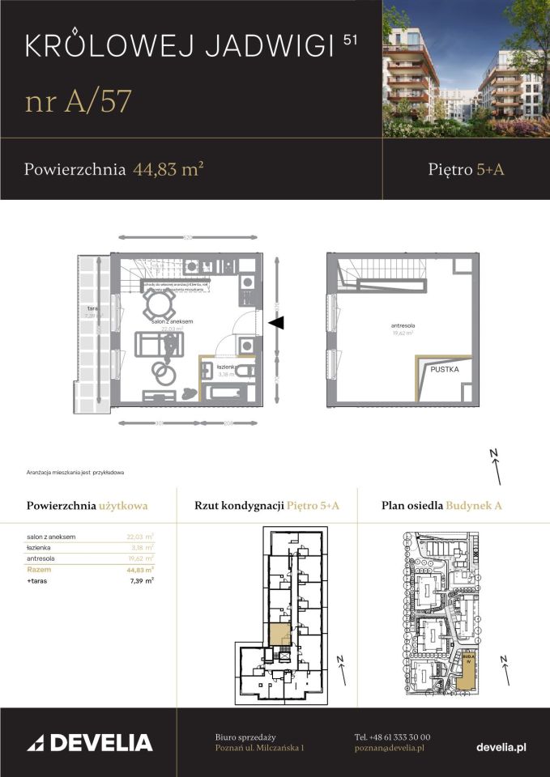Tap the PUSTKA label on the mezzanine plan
[x=445, y=369]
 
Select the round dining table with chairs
[x=158, y=305]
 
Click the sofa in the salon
[x=151, y=345]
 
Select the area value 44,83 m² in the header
[x=167, y=169]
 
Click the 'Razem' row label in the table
[x=38, y=570]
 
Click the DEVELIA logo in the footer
[x=90, y=742]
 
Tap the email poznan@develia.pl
[x=389, y=749]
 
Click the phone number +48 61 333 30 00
[x=392, y=737]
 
